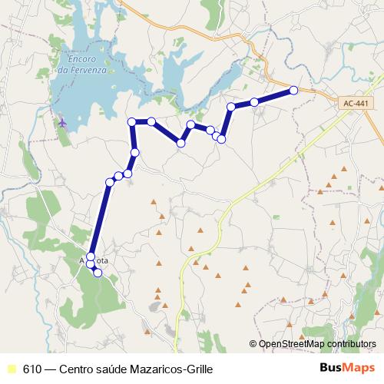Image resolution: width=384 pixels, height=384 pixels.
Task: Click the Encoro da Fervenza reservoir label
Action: point(84,65)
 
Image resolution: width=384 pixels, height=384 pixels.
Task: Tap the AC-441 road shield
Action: point(354,102)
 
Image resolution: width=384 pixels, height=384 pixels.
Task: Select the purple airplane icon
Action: point(61,121)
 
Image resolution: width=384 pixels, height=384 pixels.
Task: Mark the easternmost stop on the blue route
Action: point(293,91)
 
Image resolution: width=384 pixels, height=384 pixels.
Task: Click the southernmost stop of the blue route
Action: point(98,273)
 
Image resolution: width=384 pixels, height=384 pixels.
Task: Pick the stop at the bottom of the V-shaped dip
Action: point(181,143)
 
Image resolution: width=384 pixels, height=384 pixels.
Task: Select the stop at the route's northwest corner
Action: point(132,121)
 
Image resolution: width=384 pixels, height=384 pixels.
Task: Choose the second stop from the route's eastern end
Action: point(254,102)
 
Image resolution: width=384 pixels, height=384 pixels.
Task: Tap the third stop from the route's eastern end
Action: point(231,107)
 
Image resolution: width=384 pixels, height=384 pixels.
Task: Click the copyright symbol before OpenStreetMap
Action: point(253,344)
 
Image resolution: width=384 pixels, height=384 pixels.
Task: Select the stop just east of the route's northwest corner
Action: point(152,121)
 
